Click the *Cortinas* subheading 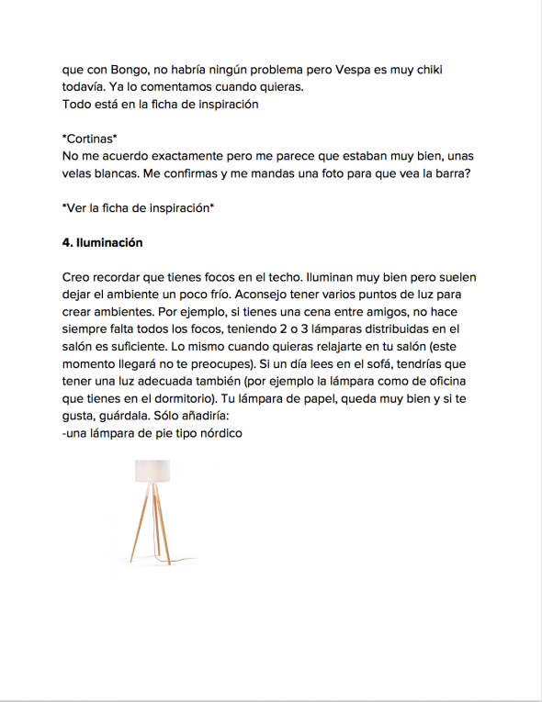[x=90, y=139]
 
